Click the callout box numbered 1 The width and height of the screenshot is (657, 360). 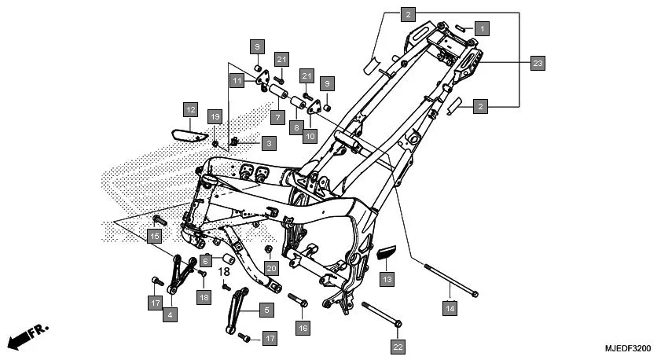tap(482, 28)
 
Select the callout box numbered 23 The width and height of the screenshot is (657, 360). tap(538, 63)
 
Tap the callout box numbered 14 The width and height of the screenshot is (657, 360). tap(450, 309)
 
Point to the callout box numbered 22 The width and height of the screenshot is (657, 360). tap(398, 345)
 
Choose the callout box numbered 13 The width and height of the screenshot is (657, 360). tap(387, 278)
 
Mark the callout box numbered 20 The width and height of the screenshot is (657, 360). tap(272, 268)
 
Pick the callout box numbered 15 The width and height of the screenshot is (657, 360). tap(154, 235)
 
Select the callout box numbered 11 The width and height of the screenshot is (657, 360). tap(237, 80)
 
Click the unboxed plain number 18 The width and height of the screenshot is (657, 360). tap(224, 272)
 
